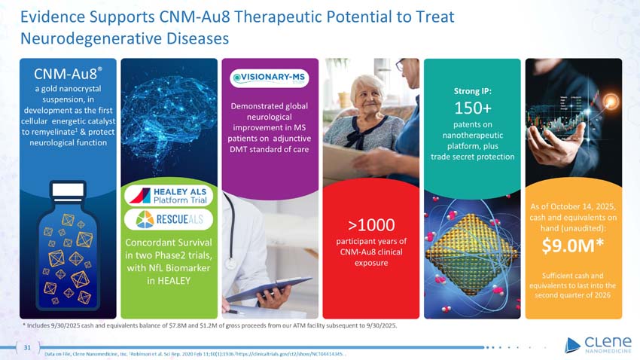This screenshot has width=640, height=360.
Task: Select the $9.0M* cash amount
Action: point(573,246)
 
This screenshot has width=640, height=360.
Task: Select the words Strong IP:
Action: point(472,91)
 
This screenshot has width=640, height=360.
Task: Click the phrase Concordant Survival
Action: point(169,243)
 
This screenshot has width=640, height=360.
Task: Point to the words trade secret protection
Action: point(472,157)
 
